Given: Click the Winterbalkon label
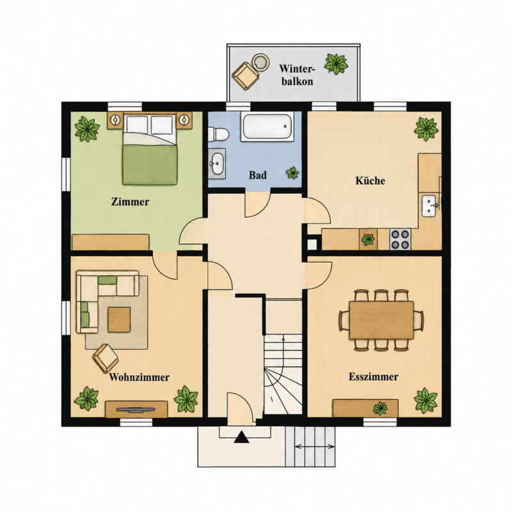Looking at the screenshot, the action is [297, 75].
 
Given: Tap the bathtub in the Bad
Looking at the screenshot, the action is [267, 127].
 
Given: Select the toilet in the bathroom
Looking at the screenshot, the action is [219, 134].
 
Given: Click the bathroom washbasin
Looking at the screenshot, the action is [217, 163].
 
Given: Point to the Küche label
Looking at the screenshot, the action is [370, 180].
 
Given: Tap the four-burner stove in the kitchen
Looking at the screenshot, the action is [401, 239].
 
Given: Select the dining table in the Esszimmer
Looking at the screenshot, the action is [381, 320].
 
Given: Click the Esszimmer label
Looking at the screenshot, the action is [373, 376].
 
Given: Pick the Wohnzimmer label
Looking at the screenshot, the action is [139, 377].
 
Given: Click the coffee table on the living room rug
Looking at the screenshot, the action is [119, 319].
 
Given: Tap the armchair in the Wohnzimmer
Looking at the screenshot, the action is [106, 358].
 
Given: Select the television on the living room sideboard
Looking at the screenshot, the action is [136, 408].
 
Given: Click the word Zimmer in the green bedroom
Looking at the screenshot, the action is [130, 202].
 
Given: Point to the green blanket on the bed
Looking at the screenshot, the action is [150, 165].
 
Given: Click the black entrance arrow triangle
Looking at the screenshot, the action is [242, 437].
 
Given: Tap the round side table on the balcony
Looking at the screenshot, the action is [261, 62].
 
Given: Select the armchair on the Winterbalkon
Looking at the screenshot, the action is [246, 76].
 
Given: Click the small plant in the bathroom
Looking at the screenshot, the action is [292, 173].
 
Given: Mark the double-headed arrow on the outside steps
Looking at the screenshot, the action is [314, 446].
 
